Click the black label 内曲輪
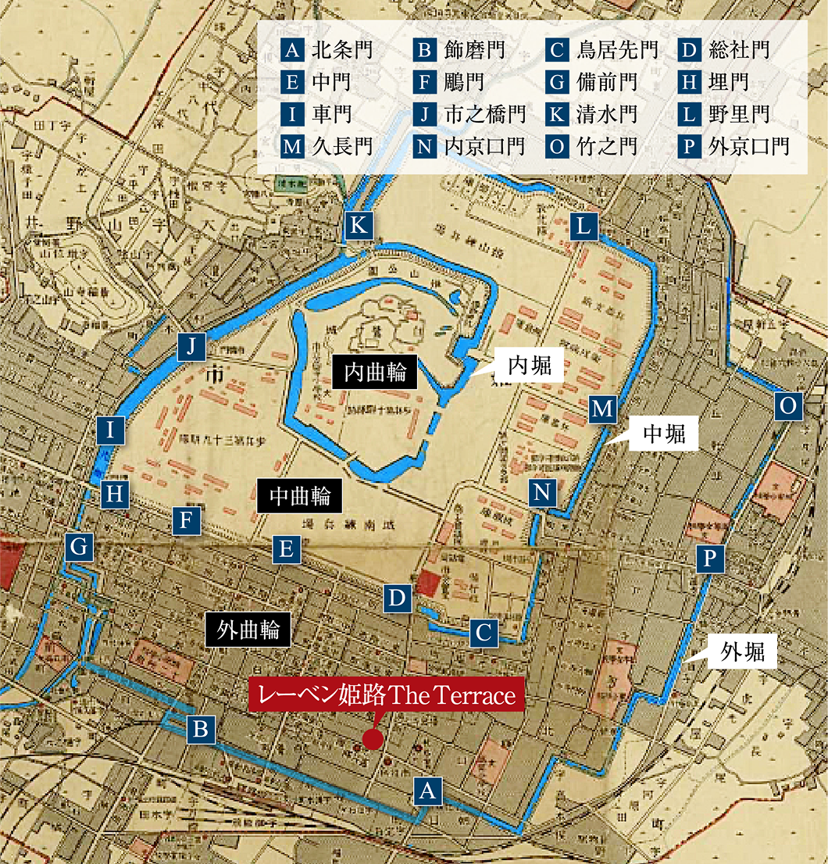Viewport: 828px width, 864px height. click(x=376, y=372)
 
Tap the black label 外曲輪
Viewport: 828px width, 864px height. click(x=248, y=630)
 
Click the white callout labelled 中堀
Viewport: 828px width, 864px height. click(x=664, y=434)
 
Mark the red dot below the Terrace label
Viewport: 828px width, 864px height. click(x=373, y=738)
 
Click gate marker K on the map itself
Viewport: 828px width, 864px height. click(x=359, y=226)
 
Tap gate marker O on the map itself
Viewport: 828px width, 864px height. click(x=788, y=405)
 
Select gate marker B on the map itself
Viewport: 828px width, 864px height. click(x=201, y=730)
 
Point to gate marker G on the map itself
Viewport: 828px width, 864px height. click(x=79, y=548)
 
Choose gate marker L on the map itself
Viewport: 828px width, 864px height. click(x=584, y=227)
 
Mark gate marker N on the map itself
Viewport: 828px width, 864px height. click(x=543, y=492)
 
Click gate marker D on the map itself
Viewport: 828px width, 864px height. click(x=398, y=599)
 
